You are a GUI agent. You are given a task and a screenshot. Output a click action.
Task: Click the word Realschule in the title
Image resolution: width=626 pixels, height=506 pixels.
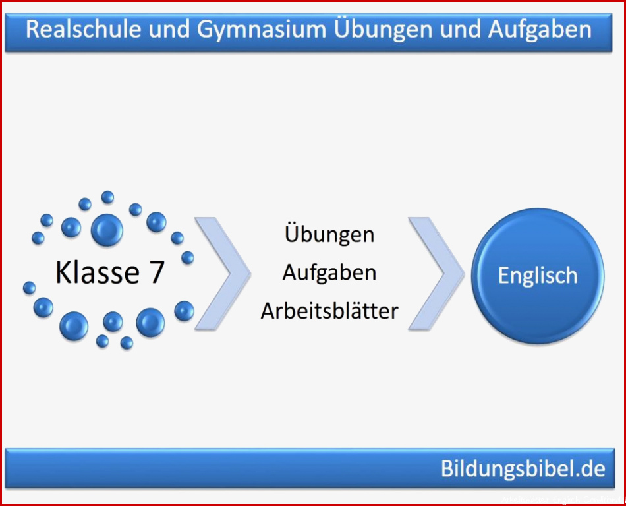(x=84, y=30)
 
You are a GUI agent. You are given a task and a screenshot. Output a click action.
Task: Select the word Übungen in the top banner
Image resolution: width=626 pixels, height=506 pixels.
(x=384, y=30)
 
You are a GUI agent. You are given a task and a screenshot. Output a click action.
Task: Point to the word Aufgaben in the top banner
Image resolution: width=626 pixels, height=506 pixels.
(x=540, y=30)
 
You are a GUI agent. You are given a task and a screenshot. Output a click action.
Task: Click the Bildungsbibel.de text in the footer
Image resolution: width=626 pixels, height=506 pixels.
(x=523, y=468)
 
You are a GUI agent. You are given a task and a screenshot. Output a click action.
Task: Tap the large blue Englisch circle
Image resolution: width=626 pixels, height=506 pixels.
(x=537, y=275)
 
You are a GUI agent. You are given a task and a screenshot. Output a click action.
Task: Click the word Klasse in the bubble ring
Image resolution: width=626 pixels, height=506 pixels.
(x=98, y=272)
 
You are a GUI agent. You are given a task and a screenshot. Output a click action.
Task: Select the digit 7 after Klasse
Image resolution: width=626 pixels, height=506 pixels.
(x=157, y=272)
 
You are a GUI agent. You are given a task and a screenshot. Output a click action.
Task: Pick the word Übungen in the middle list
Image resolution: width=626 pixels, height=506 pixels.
(x=329, y=234)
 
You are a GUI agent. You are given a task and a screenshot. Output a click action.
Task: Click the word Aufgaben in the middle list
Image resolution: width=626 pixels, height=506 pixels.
(x=329, y=273)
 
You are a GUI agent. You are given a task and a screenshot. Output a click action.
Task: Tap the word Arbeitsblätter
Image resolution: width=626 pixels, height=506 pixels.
(x=329, y=311)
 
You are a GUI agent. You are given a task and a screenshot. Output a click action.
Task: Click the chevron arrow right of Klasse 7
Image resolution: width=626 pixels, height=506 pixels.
(x=223, y=274)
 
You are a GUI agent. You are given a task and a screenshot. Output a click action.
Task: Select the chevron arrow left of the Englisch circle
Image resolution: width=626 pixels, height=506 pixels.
(x=436, y=274)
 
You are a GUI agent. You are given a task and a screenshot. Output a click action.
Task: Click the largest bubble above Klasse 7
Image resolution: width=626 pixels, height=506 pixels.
(x=107, y=230)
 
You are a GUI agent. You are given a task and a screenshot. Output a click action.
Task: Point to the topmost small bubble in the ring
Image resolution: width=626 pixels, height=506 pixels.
(x=107, y=197)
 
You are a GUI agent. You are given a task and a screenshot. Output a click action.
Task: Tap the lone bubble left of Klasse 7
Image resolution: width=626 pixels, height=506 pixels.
(x=29, y=288)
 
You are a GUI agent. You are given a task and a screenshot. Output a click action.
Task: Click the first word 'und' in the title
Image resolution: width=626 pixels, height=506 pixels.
(x=169, y=30)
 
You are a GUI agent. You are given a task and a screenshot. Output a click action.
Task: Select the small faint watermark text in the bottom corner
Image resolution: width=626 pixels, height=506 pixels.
(x=563, y=500)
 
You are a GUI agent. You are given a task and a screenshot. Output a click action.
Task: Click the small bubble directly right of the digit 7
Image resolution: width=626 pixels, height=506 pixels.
(x=188, y=258)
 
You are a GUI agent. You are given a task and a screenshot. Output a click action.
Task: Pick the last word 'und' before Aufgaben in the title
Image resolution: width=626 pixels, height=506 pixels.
(x=461, y=30)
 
